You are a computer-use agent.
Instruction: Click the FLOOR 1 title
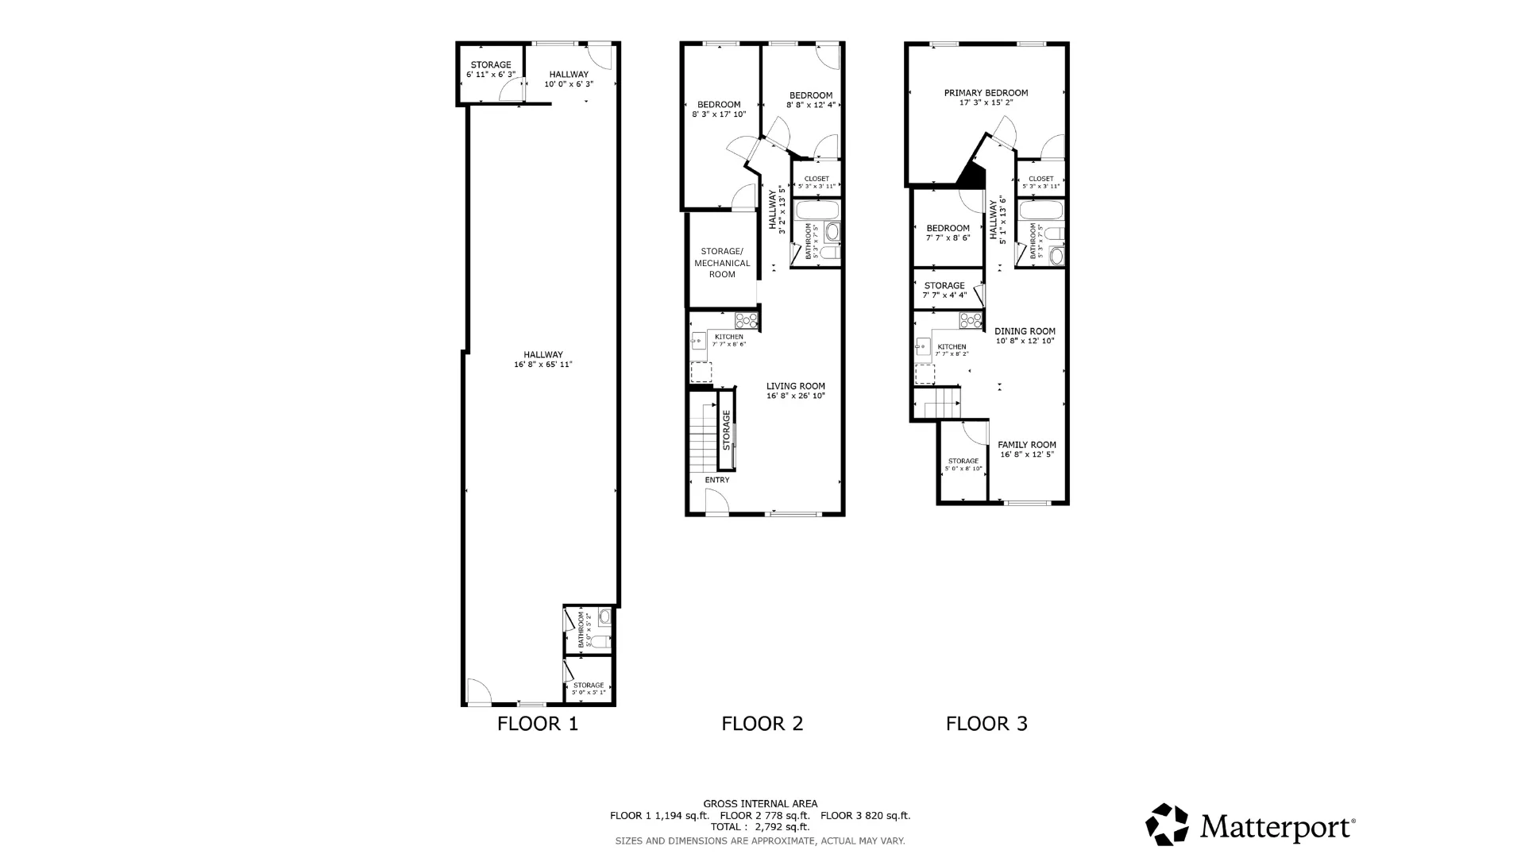pyautogui.click(x=538, y=724)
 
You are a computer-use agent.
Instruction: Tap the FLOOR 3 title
pyautogui.click(x=986, y=724)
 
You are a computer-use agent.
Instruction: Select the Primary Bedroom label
pyautogui.click(x=986, y=93)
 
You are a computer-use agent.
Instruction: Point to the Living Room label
pyautogui.click(x=795, y=386)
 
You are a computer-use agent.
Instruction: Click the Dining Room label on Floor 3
pyautogui.click(x=1025, y=331)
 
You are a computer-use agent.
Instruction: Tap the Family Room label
pyautogui.click(x=1026, y=445)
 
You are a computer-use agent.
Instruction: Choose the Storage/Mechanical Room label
pyautogui.click(x=722, y=263)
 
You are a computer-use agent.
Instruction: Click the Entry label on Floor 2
pyautogui.click(x=716, y=480)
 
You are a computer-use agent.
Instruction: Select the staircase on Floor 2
pyautogui.click(x=703, y=437)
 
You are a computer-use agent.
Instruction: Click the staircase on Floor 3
pyautogui.click(x=942, y=403)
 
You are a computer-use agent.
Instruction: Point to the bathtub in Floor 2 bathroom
pyautogui.click(x=817, y=211)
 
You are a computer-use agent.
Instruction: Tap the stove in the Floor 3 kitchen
pyautogui.click(x=971, y=321)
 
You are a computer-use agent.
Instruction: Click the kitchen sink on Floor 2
pyautogui.click(x=698, y=342)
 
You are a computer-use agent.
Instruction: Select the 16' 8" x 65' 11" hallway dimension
pyautogui.click(x=542, y=365)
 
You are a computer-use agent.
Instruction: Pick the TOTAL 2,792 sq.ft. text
pyautogui.click(x=760, y=827)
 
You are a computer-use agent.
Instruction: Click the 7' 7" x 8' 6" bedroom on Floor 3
pyautogui.click(x=948, y=233)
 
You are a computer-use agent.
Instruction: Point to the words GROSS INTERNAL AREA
pyautogui.click(x=760, y=804)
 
